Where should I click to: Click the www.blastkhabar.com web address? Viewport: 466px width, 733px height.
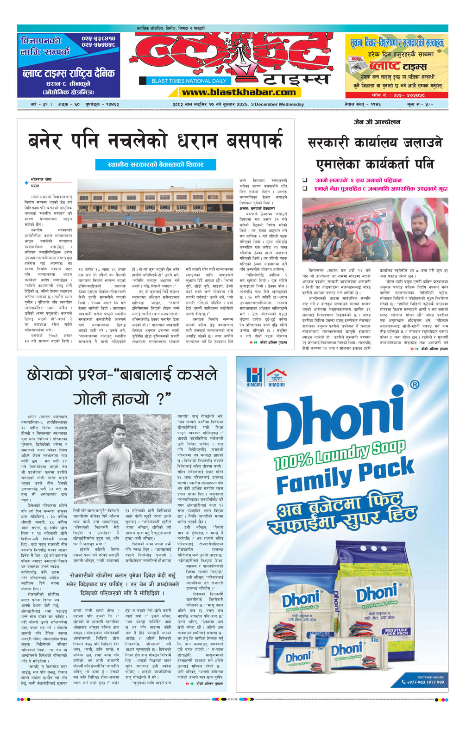pyautogui.click(x=239, y=93)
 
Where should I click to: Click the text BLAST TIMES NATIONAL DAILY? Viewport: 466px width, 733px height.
pyautogui.click(x=189, y=81)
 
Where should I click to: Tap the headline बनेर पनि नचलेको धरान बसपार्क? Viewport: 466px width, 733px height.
pyautogui.click(x=155, y=141)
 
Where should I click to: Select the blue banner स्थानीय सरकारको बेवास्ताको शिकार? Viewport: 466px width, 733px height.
pyautogui.click(x=156, y=164)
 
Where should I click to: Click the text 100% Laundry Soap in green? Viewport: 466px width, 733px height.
pyautogui.click(x=340, y=455)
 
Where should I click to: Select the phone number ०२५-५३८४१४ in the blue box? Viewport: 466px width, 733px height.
pyautogui.click(x=98, y=38)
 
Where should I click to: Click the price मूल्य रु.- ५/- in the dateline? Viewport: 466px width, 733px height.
pyautogui.click(x=420, y=105)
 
